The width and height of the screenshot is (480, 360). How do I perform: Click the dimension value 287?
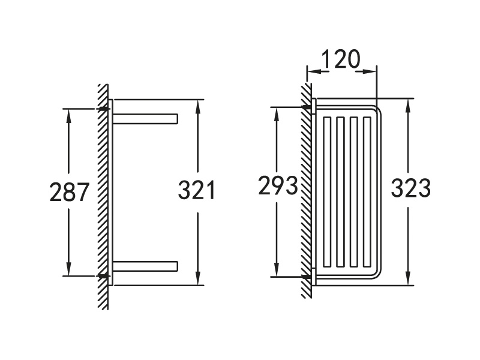(x=69, y=192)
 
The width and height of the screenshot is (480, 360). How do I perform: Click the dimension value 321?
(x=197, y=191)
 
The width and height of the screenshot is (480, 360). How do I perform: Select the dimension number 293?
(x=278, y=187)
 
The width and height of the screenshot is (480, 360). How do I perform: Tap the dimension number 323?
(x=410, y=188)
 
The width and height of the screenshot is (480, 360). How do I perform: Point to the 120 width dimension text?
(x=340, y=59)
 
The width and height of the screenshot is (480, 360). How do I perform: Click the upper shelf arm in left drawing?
(x=146, y=118)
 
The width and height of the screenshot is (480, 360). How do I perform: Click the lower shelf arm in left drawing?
(x=146, y=266)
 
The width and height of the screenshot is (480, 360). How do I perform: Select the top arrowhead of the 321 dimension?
(x=197, y=106)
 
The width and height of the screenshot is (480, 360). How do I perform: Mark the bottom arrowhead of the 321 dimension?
(x=197, y=278)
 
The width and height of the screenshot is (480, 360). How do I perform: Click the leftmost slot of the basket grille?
(x=328, y=192)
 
